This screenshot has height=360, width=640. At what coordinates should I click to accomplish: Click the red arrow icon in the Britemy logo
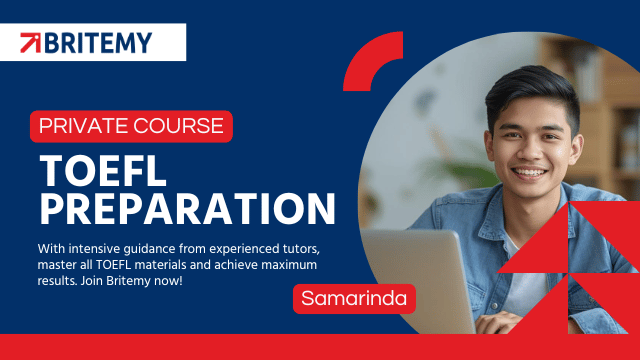coord(31,42)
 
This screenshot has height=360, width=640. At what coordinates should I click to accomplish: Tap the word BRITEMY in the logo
coord(98,43)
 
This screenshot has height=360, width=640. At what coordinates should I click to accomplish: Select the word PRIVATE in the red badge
coord(84,126)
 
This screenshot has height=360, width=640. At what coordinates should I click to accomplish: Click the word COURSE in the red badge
coord(179,126)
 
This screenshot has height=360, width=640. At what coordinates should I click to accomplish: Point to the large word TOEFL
coord(103,171)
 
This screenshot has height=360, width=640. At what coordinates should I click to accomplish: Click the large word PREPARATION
coord(187,209)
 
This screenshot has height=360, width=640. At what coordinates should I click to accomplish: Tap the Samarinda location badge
coord(354,298)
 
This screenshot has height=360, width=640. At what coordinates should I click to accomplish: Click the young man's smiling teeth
coord(529,173)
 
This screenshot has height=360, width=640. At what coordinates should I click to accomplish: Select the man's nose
coord(529,151)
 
